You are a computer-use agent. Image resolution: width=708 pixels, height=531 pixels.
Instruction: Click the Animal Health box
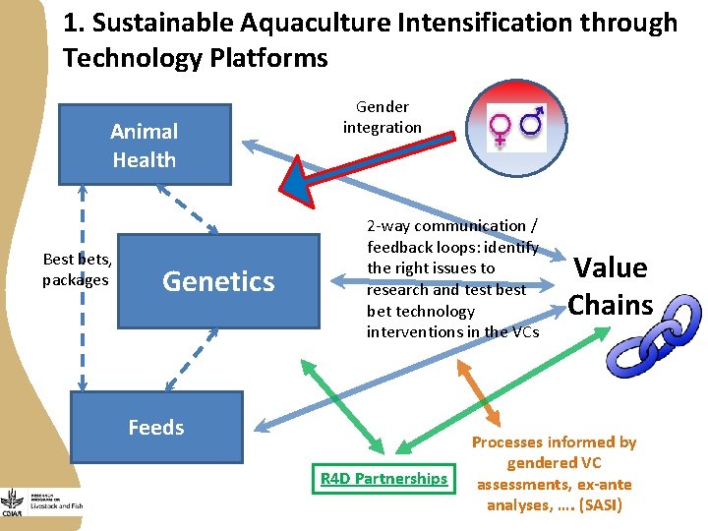pos(144,145)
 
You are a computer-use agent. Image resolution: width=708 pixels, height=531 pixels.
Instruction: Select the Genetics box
pos(217,281)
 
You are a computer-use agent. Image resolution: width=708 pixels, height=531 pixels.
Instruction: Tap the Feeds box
pos(156,427)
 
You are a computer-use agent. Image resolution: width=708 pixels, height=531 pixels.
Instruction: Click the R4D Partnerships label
pos(383,479)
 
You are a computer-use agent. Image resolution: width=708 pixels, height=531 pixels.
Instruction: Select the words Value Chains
pos(610,285)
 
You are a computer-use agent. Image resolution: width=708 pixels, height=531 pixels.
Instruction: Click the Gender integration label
pos(382,117)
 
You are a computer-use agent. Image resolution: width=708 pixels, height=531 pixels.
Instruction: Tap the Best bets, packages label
pos(76,269)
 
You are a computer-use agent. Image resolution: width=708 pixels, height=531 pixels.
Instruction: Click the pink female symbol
pos(501,129)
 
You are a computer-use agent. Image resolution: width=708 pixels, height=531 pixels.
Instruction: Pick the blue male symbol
pos(533,122)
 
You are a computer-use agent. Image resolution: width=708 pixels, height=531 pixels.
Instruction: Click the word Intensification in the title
pos(497,23)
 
